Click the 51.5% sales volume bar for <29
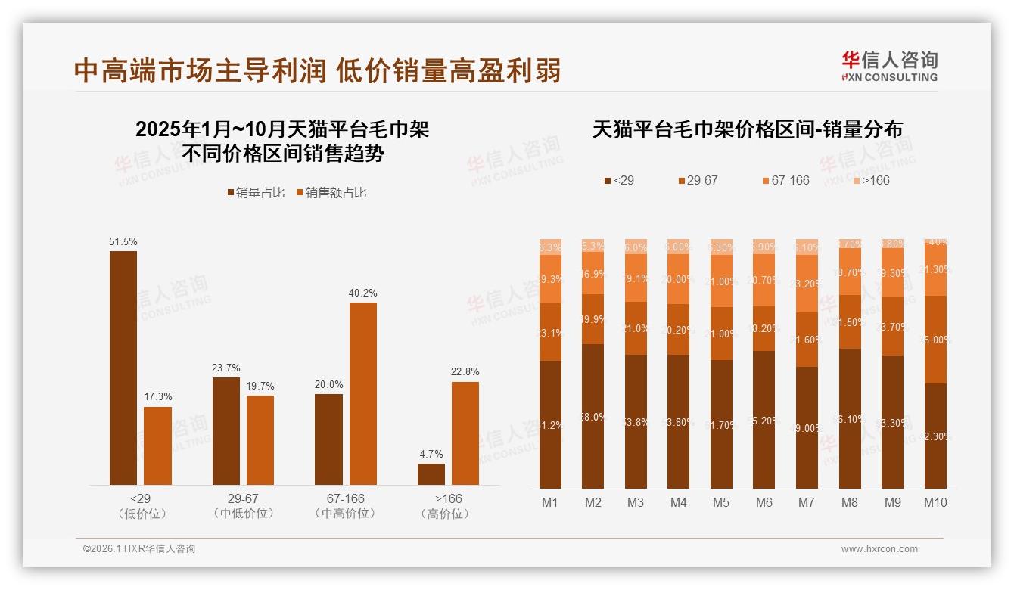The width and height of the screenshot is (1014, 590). coord(123,368)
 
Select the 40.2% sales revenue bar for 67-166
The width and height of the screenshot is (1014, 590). coord(362,393)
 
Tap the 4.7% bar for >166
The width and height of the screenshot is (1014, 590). coord(431,474)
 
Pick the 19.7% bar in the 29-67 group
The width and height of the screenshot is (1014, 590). coord(260,440)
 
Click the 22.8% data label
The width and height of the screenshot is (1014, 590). coord(465,371)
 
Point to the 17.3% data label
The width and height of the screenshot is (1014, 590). coord(158,396)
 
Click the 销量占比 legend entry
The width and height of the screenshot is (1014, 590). coord(256,193)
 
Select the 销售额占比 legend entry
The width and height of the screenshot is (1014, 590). coord(331,193)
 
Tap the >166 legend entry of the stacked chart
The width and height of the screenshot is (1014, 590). coord(872,180)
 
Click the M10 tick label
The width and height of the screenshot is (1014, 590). coord(935,502)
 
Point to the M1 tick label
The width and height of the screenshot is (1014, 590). coord(550,502)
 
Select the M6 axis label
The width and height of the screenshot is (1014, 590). coord(764,502)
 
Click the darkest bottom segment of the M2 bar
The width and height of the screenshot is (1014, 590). coord(593,416)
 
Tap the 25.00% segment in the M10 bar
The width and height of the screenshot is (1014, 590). coord(935,340)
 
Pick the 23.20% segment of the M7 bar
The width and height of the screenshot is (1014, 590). coord(807,284)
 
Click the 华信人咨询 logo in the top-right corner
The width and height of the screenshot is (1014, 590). coord(890,66)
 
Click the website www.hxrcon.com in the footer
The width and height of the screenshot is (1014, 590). coord(879,549)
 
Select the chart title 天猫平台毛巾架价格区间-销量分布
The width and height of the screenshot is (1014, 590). coord(747,129)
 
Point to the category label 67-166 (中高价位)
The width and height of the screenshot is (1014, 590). coord(345,506)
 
